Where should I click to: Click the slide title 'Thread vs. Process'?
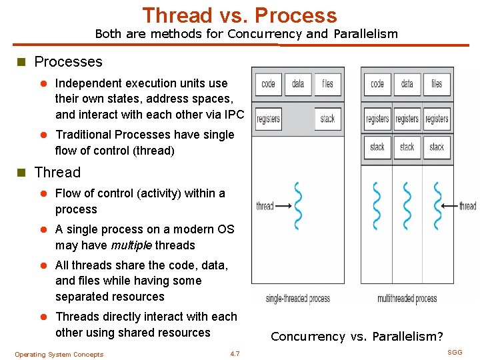click(x=239, y=15)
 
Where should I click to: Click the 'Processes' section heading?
click(x=68, y=62)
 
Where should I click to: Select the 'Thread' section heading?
click(x=57, y=173)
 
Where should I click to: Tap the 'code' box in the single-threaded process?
click(x=268, y=84)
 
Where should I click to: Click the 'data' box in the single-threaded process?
click(x=298, y=84)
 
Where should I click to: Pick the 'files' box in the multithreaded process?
click(x=437, y=84)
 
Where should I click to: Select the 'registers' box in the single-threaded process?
click(x=268, y=119)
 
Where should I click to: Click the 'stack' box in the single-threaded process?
click(x=327, y=119)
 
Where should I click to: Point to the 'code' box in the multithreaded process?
click(x=377, y=84)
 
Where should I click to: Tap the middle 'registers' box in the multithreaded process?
click(x=407, y=119)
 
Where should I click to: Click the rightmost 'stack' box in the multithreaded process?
click(x=437, y=147)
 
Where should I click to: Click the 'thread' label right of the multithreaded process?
click(x=468, y=206)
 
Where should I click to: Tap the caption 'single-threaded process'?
click(x=297, y=298)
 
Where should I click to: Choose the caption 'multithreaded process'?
click(x=407, y=298)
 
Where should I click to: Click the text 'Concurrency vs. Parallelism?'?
click(x=357, y=337)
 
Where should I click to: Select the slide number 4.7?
click(x=235, y=353)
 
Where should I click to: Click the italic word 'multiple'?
click(x=131, y=245)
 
